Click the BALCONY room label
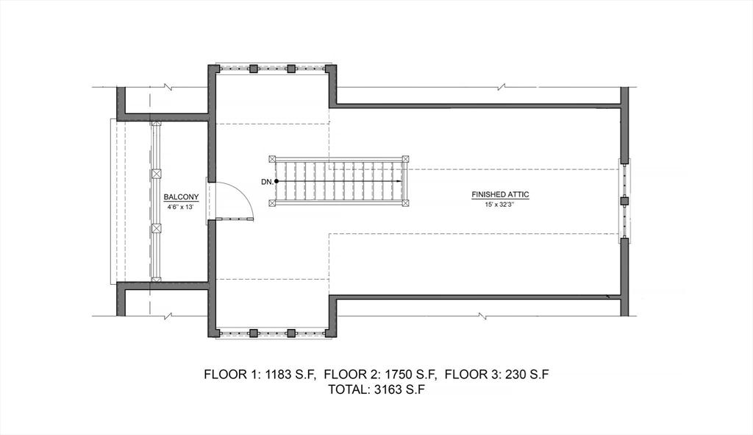181,197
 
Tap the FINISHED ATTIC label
500,195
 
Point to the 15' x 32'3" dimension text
500,204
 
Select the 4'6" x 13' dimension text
181,207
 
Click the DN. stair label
266,181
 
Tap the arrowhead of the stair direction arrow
400,181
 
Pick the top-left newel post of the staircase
273,158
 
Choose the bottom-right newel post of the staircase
405,203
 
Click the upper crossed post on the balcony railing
156,174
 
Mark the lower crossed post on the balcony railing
156,228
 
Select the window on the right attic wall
624,200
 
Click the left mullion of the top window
253,68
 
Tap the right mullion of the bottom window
291,333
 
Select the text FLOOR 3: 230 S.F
497,375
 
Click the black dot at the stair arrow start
276,181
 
